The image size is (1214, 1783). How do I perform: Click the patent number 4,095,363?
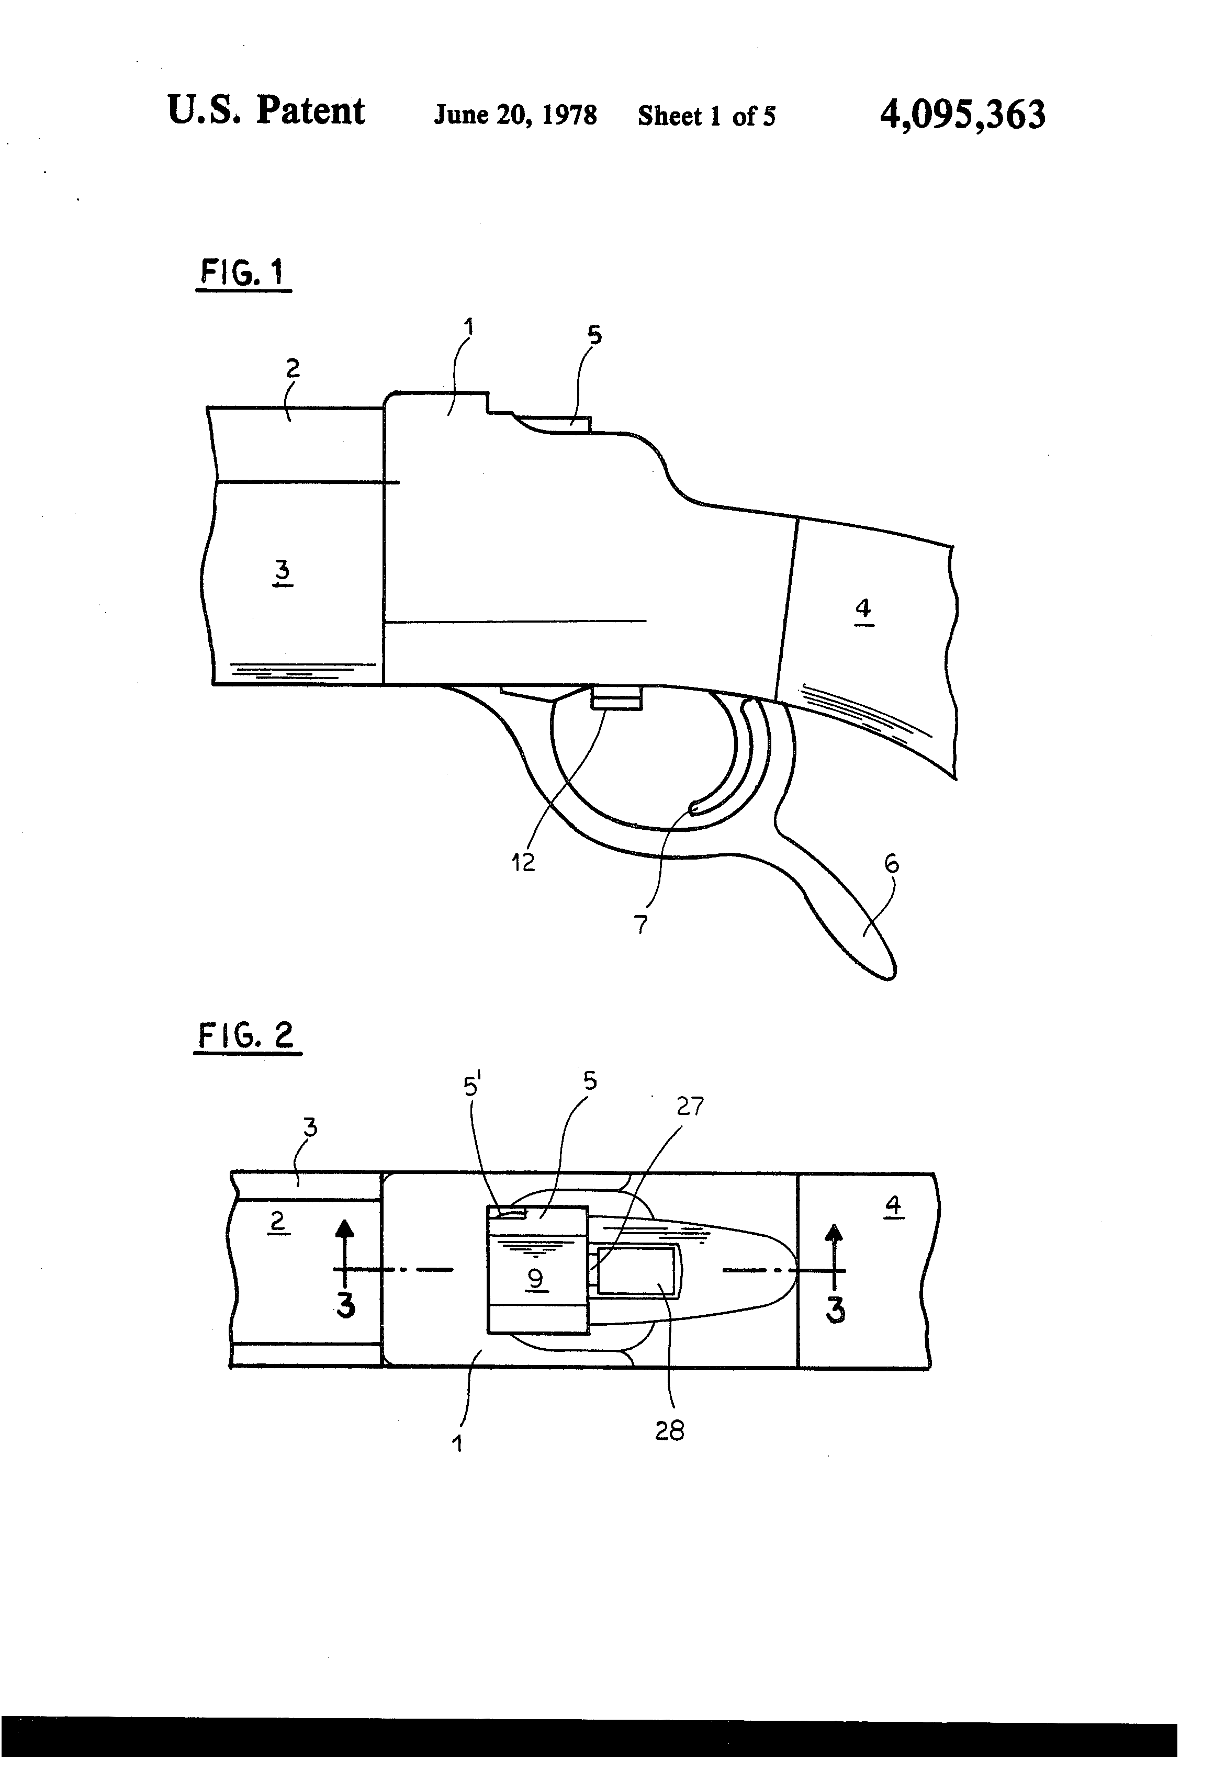tap(962, 115)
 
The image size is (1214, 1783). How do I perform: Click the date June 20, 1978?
tap(515, 115)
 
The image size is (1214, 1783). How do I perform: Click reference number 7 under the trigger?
tap(642, 924)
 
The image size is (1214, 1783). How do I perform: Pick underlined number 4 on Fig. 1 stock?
tap(863, 608)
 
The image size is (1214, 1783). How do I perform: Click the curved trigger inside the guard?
tap(737, 767)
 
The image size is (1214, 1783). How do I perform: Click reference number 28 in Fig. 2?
tap(669, 1430)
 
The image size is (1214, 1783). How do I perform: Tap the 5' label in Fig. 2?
tap(471, 1086)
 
